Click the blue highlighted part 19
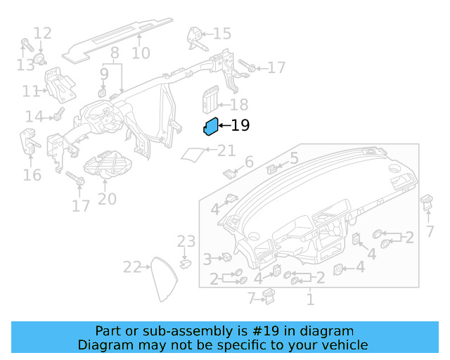[210, 126]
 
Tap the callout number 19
[240, 126]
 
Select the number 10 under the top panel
[141, 53]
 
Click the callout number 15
[221, 34]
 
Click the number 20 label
[107, 199]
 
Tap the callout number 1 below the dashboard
[309, 300]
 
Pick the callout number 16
[32, 174]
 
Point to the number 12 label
[42, 33]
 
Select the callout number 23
[186, 242]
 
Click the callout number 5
[294, 158]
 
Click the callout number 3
[207, 259]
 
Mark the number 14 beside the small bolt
[34, 116]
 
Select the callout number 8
[114, 53]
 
